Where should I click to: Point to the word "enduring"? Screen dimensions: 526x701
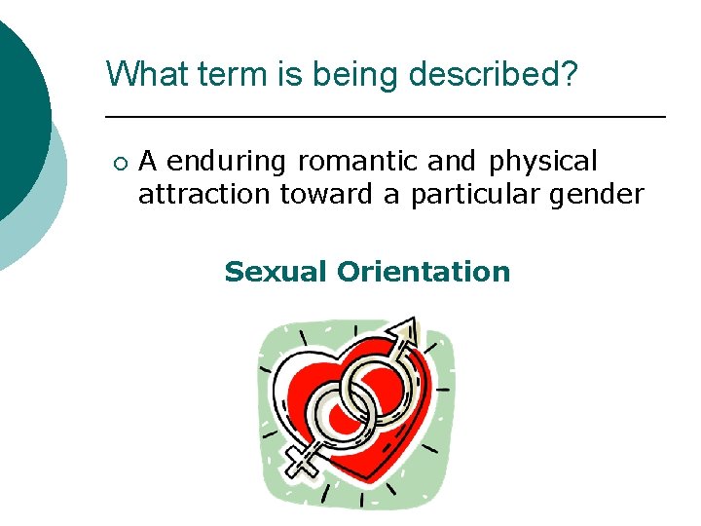click(x=230, y=161)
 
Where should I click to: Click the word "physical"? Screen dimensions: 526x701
click(x=543, y=161)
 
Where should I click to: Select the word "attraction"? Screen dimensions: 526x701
click(x=205, y=195)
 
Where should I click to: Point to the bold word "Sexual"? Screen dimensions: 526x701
click(x=276, y=272)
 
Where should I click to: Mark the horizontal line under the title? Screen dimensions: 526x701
click(x=385, y=117)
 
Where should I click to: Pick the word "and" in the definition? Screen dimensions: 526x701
click(x=456, y=161)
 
